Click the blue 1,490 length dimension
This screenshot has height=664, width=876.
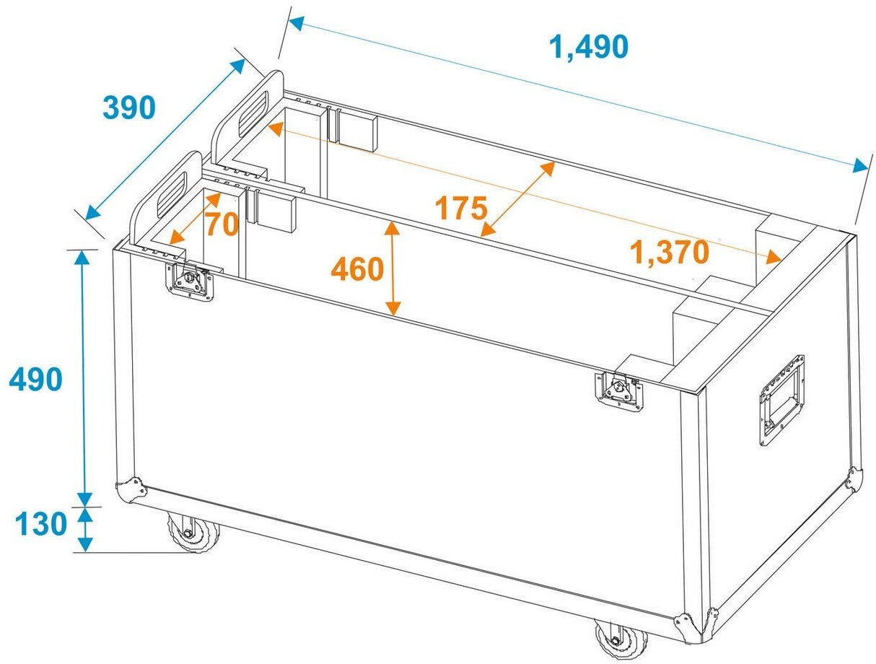(589, 47)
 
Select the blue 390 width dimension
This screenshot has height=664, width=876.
(129, 108)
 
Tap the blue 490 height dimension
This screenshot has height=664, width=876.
(35, 380)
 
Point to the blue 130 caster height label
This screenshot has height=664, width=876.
(40, 523)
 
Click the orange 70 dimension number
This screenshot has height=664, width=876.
(223, 224)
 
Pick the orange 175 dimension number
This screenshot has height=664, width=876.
(461, 208)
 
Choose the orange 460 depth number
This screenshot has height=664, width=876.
(357, 269)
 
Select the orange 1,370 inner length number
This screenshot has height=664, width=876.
(670, 253)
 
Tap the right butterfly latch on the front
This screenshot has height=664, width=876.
(618, 391)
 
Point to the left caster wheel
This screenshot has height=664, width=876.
(193, 533)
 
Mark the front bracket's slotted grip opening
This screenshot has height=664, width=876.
(171, 195)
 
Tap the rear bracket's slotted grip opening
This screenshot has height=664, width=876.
(253, 114)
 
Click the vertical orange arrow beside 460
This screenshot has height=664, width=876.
(393, 268)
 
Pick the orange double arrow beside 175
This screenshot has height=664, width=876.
(517, 198)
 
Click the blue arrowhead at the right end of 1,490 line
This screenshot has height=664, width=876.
(859, 165)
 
